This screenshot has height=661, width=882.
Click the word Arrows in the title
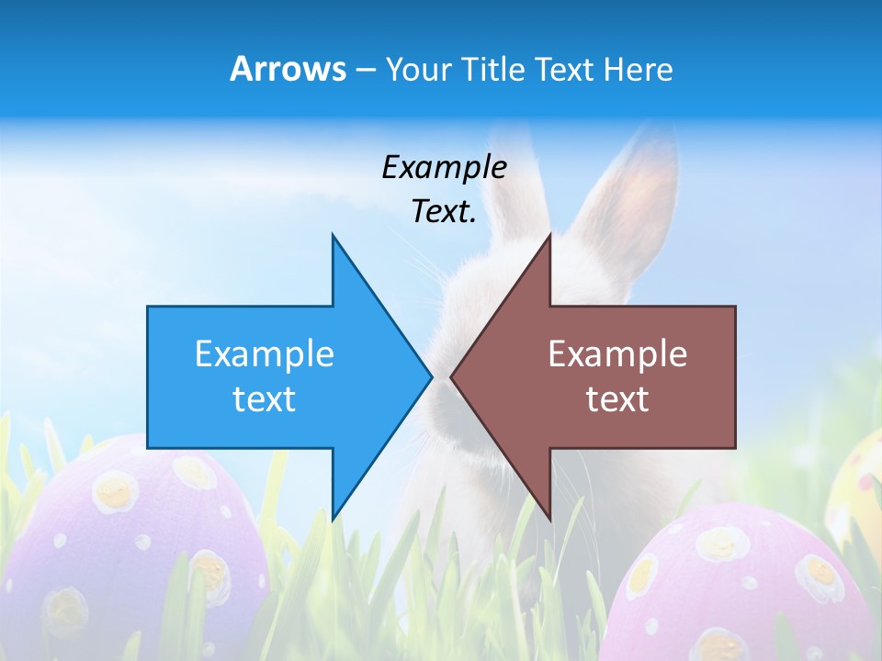(x=288, y=69)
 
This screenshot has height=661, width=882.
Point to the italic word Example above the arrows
(x=444, y=167)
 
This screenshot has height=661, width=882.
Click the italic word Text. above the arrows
(x=444, y=211)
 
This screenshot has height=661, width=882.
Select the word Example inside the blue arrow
(x=265, y=354)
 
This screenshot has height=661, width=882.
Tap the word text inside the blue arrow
(x=265, y=399)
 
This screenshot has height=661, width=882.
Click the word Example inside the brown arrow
(x=617, y=354)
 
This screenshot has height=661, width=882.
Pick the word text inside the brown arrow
(x=617, y=399)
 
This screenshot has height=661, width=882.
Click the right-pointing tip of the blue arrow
(x=430, y=376)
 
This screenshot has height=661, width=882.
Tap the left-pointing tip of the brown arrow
(x=453, y=376)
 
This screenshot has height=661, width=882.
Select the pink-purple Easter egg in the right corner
(x=744, y=588)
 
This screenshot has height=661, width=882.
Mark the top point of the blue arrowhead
(x=334, y=237)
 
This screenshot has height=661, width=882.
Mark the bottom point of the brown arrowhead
(x=549, y=518)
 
